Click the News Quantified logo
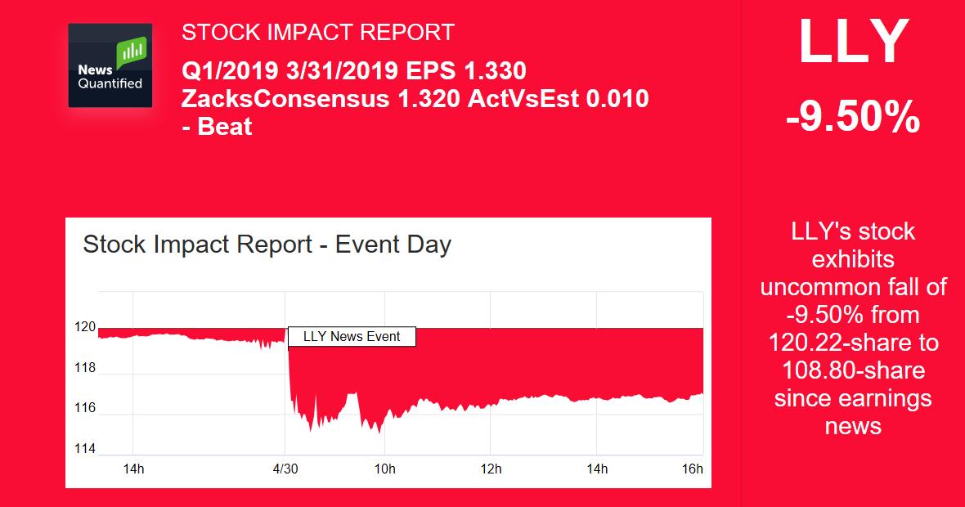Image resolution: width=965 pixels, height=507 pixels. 110,65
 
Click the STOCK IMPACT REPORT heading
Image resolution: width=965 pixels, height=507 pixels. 317,33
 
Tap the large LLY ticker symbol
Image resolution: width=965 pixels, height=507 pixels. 853,43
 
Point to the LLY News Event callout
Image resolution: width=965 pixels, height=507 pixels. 352,336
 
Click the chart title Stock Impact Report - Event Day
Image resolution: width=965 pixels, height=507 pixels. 267,245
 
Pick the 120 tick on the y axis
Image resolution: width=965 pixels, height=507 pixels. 85,327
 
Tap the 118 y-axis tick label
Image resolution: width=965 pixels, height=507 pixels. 85,368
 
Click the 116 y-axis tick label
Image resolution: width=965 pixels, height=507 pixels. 85,408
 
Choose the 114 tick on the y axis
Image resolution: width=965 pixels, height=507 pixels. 85,449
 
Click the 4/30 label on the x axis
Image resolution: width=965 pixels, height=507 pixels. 285,469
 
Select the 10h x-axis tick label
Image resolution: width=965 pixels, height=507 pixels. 384,469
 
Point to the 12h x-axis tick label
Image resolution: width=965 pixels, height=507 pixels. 490,469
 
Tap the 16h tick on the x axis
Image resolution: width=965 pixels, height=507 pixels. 692,469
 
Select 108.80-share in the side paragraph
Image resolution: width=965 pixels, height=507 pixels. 853,370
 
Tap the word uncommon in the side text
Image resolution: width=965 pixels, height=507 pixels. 819,287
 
